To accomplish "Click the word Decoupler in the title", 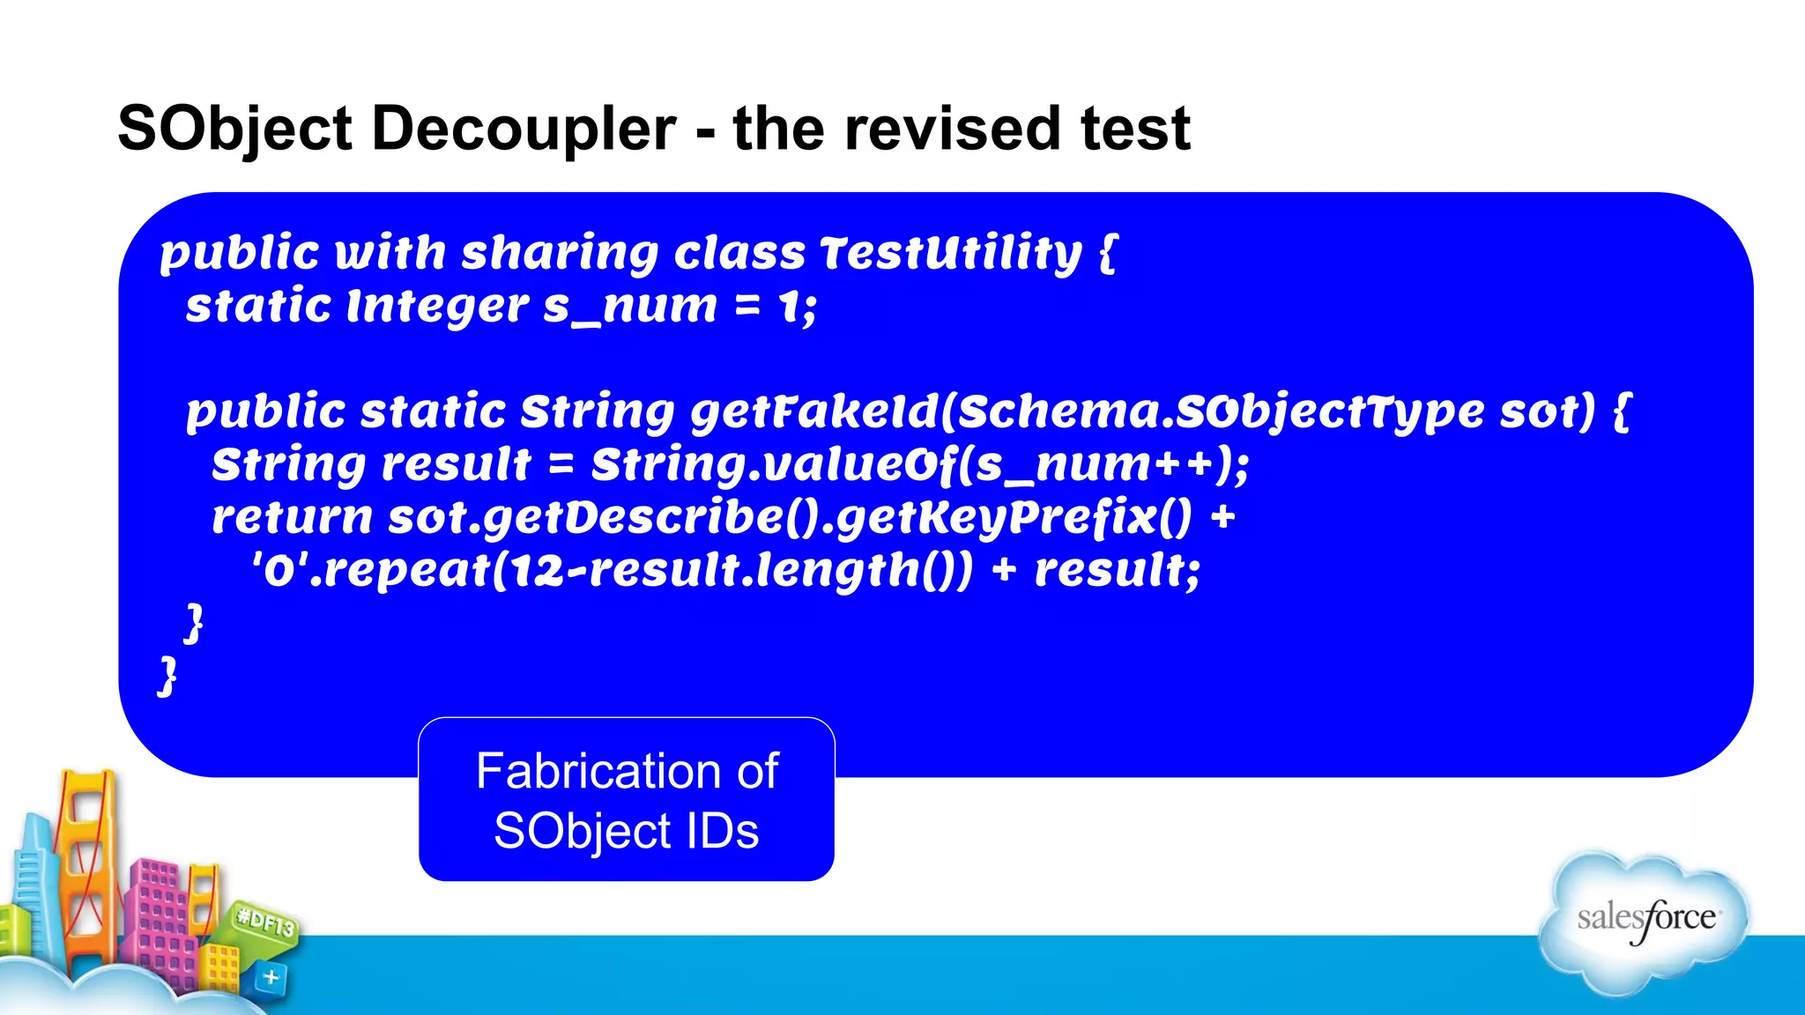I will click(x=524, y=129).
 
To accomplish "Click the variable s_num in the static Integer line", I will click(x=629, y=307).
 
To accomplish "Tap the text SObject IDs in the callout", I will click(x=626, y=831).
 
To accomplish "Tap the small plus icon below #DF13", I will click(x=271, y=976).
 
